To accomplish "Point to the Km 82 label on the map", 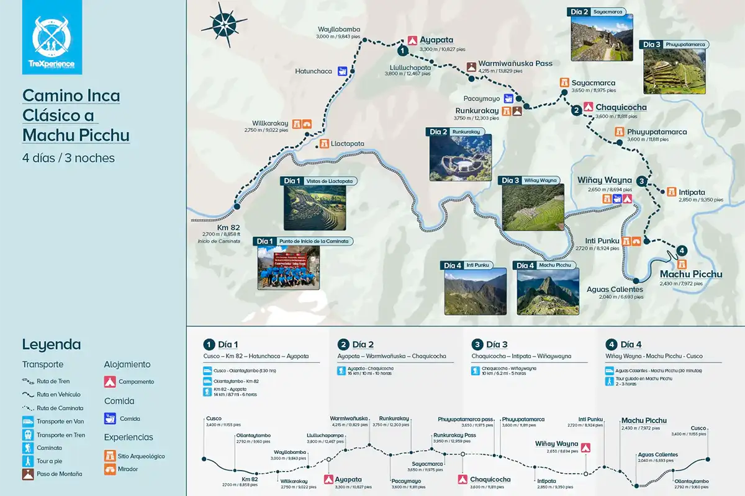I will click(228, 227).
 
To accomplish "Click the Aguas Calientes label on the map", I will click(615, 289).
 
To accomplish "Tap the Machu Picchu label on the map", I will click(691, 274).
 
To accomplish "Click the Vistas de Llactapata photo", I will click(315, 208).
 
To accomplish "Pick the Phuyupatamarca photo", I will click(674, 71).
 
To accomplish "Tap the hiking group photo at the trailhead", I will click(289, 270).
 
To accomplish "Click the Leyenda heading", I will click(52, 345).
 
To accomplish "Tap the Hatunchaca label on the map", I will click(314, 71).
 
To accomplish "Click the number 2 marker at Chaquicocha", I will click(576, 110).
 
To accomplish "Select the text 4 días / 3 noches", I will click(68, 158).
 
